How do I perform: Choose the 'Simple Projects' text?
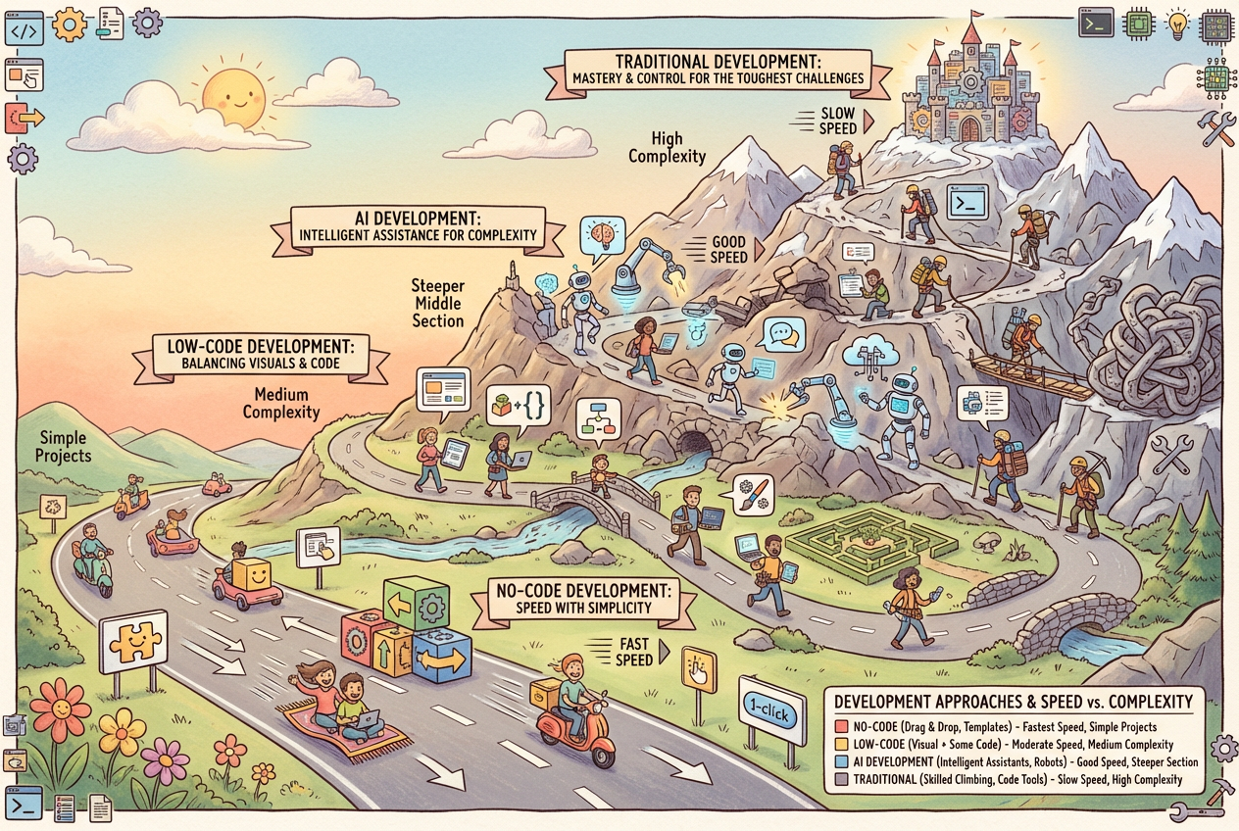click(x=63, y=447)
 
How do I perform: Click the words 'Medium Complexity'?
click(x=281, y=402)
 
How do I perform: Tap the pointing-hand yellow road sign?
click(x=699, y=671)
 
